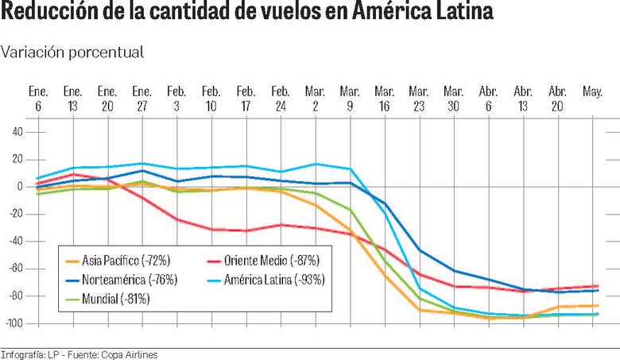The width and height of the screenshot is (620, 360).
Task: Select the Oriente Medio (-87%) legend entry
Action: point(269,260)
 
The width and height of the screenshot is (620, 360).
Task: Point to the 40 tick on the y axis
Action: point(17,132)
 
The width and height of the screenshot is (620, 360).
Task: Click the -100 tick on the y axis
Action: point(14,323)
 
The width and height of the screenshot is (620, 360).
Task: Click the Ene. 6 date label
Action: point(39,98)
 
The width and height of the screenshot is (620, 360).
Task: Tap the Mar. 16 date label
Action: point(385,98)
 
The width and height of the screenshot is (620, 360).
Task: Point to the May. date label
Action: point(592,92)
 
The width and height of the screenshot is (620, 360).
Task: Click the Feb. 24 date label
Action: point(281,98)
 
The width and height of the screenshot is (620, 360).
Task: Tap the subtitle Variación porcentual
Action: point(72,52)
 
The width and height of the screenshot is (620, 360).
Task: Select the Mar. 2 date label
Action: point(316,98)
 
